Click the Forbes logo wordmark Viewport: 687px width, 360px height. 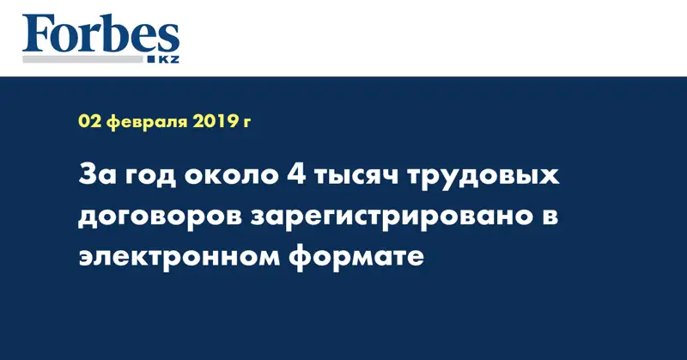(x=101, y=36)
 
